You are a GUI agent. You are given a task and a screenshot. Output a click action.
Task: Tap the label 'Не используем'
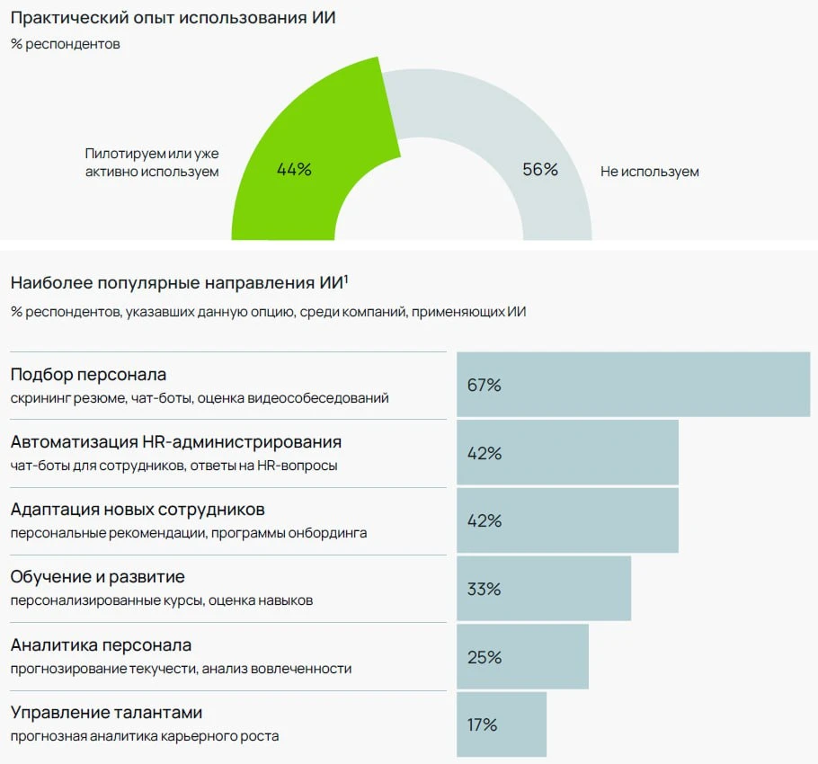click(649, 171)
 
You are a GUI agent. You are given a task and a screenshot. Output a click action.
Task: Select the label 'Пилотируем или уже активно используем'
click(152, 163)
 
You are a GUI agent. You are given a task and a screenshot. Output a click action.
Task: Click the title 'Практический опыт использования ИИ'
click(173, 18)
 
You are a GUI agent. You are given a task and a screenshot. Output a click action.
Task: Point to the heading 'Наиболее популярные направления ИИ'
click(179, 282)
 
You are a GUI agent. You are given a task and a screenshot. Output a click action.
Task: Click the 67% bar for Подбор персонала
click(633, 385)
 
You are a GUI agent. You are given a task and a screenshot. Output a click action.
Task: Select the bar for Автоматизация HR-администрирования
click(567, 453)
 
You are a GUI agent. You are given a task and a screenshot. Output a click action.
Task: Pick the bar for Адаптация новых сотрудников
click(567, 521)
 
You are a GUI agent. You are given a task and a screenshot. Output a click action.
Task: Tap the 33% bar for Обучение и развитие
click(544, 590)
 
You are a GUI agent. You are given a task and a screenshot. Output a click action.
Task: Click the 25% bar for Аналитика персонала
click(522, 657)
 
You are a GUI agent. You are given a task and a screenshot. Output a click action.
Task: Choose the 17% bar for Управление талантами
click(501, 724)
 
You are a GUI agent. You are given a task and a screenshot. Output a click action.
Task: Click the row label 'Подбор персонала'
click(88, 375)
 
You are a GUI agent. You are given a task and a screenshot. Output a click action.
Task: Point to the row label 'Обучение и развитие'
click(97, 577)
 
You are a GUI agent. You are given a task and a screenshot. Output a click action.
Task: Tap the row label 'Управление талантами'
click(106, 713)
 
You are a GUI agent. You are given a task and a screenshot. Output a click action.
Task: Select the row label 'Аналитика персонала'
click(101, 645)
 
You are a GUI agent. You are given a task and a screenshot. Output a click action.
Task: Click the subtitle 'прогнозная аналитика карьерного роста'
click(145, 736)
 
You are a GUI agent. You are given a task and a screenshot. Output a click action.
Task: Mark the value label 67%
click(484, 386)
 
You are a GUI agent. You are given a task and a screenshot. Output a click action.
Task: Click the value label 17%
click(482, 724)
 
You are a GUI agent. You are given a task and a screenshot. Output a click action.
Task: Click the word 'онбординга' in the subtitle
click(333, 533)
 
